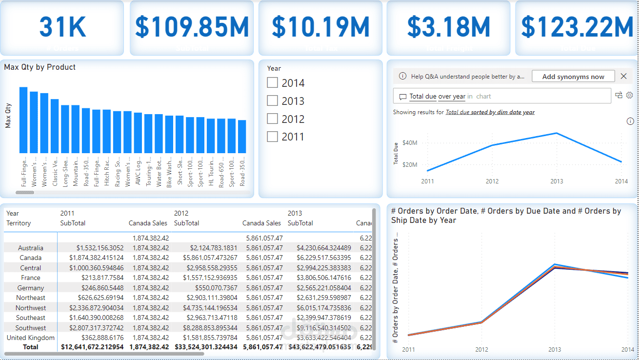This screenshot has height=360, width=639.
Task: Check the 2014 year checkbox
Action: point(272,83)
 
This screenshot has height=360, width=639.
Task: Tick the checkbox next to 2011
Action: point(272,137)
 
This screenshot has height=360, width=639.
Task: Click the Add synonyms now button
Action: point(573,77)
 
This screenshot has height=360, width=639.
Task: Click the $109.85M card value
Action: point(192,27)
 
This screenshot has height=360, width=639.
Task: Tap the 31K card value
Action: point(62,27)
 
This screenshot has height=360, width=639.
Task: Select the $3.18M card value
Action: point(448,27)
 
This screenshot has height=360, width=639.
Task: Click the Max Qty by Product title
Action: point(40,67)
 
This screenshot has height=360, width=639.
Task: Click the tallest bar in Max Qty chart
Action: point(23,120)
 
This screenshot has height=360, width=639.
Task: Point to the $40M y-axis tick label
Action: point(410,143)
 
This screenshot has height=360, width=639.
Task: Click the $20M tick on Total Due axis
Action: point(410,164)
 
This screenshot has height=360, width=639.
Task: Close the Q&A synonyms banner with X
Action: point(623,76)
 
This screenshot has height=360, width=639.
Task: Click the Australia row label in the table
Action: point(31,248)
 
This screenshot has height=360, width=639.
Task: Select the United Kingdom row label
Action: point(31,338)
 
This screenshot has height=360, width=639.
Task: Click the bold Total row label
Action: point(31,347)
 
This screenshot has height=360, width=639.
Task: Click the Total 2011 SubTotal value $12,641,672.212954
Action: point(92,347)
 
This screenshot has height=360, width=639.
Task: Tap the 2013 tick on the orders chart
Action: point(555,350)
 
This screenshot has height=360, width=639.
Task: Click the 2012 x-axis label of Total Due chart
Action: point(492,181)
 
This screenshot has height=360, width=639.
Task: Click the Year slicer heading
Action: point(274,69)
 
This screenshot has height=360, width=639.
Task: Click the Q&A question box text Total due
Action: point(422,97)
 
